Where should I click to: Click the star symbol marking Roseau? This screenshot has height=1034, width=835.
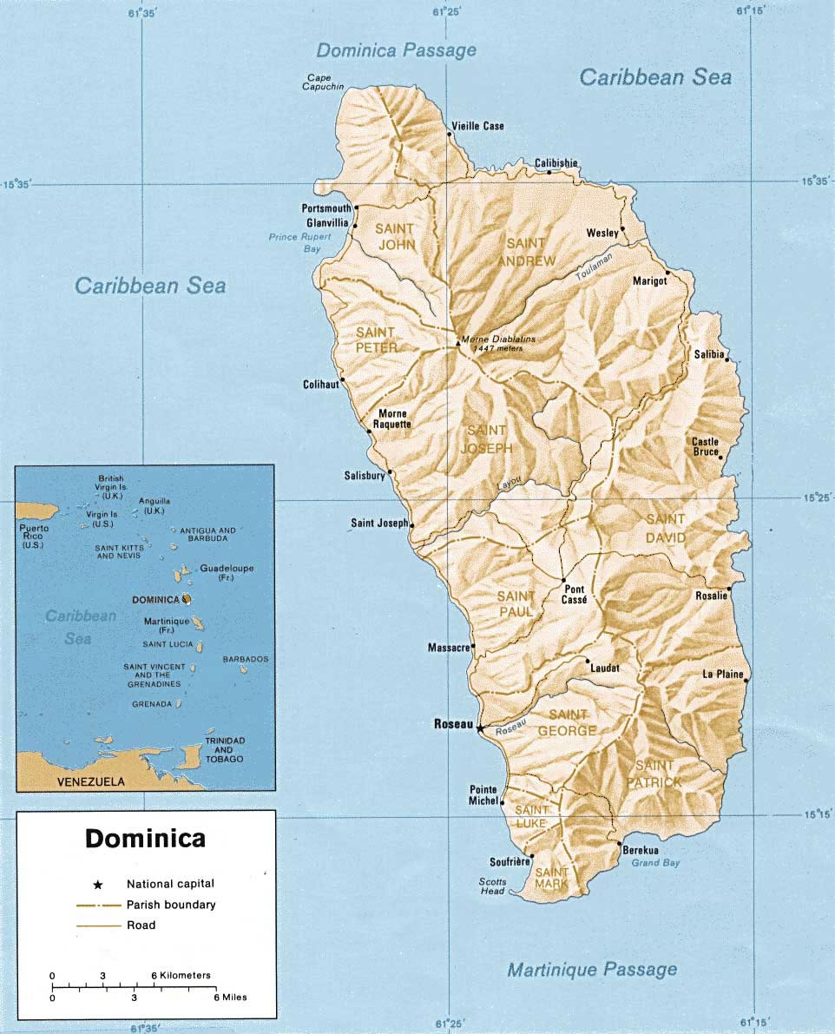[x=480, y=728]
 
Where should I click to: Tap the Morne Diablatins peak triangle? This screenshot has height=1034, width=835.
[x=458, y=343]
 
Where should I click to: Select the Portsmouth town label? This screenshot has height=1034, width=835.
[x=326, y=208]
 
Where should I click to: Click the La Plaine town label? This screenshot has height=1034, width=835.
[x=722, y=674]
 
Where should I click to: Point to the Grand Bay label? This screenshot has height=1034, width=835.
[x=655, y=862]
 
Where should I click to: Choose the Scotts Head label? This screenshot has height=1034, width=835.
[x=491, y=886]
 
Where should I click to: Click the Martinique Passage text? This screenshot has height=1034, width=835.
[x=592, y=969]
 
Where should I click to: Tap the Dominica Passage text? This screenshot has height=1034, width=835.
[x=396, y=49]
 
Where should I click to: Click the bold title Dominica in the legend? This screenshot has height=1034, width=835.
[x=145, y=839]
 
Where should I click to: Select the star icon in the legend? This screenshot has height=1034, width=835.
[x=98, y=884]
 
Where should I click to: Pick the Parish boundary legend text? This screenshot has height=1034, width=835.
[x=171, y=905]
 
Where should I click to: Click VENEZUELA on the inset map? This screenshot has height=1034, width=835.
[x=90, y=781]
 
